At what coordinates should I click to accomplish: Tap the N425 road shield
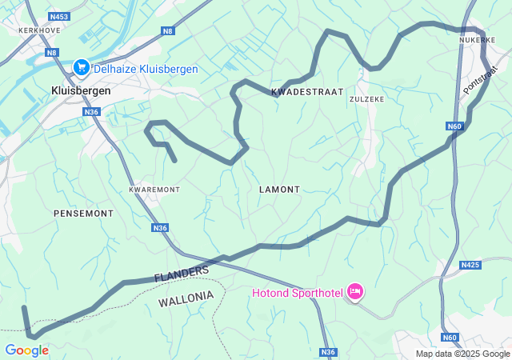pos(470,264)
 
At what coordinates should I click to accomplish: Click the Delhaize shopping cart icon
pos(81,69)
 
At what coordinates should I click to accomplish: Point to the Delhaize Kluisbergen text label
pos(146,70)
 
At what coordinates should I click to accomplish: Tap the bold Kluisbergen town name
pos(81,90)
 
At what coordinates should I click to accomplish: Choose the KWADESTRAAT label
pos(308,92)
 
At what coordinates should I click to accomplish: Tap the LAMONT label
pos(280,190)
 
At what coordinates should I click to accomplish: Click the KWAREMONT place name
pos(154,190)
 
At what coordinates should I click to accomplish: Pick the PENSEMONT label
pos(83,214)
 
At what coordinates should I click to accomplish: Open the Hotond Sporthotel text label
pos(296,293)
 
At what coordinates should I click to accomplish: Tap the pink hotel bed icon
pos(354,292)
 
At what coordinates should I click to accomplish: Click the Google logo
pos(26,350)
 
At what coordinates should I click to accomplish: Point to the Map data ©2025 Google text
pos(462,354)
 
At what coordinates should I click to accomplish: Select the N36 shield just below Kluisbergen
pos(90,112)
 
